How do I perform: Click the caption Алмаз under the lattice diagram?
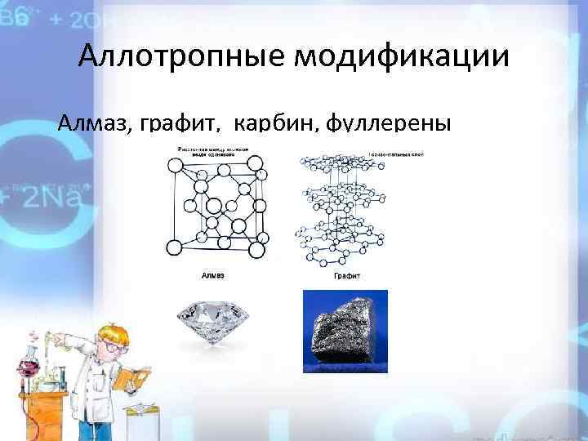click(x=214, y=277)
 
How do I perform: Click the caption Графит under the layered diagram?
click(x=347, y=277)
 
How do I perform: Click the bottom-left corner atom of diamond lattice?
click(x=173, y=247)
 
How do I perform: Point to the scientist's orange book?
click(x=131, y=380)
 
